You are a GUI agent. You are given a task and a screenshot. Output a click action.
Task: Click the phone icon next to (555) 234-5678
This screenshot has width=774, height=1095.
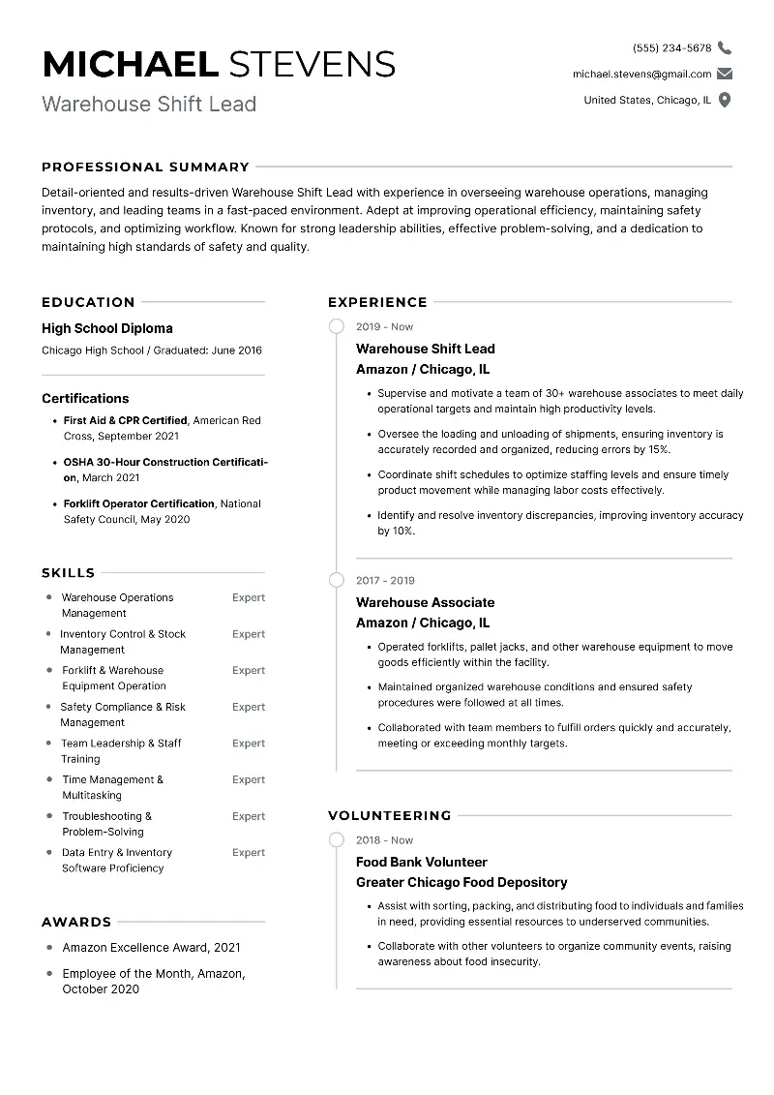pyautogui.click(x=725, y=47)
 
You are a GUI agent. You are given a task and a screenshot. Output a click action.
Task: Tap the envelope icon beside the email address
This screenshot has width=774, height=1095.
pyautogui.click(x=725, y=74)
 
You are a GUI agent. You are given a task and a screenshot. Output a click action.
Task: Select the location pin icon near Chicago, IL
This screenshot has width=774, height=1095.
pyautogui.click(x=725, y=100)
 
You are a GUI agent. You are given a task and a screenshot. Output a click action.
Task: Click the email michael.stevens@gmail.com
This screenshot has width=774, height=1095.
pyautogui.click(x=641, y=74)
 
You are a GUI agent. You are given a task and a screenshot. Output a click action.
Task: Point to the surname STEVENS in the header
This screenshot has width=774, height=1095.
pyautogui.click(x=310, y=64)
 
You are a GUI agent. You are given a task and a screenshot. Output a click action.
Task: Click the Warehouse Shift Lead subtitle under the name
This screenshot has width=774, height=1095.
pyautogui.click(x=149, y=104)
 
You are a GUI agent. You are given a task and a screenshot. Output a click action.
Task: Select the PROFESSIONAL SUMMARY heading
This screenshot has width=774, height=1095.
pyautogui.click(x=145, y=167)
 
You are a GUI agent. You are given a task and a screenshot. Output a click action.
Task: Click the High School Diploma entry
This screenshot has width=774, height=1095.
pyautogui.click(x=107, y=328)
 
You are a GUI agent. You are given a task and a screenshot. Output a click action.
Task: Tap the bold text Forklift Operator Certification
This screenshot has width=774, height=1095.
pyautogui.click(x=138, y=503)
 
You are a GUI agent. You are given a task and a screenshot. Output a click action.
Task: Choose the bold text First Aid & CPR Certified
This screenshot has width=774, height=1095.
pyautogui.click(x=125, y=420)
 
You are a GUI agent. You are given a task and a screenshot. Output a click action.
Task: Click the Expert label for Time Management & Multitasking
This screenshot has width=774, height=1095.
pyautogui.click(x=248, y=779)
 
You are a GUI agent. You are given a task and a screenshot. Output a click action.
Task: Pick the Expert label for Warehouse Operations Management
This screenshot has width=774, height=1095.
pyautogui.click(x=248, y=597)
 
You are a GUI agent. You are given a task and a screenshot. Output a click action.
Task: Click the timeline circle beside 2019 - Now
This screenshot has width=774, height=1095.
pyautogui.click(x=337, y=327)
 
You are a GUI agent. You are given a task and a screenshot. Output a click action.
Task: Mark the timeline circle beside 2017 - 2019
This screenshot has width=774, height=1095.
pyautogui.click(x=337, y=581)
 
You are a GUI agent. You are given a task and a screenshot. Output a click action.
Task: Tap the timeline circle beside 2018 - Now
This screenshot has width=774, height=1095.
pyautogui.click(x=337, y=840)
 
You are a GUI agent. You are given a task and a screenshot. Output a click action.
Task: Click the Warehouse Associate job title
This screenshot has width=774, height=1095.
pyautogui.click(x=425, y=602)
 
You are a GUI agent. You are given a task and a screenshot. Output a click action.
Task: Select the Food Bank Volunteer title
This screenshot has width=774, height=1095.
pyautogui.click(x=421, y=862)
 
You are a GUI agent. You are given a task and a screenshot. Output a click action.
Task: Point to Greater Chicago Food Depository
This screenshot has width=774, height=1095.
pyautogui.click(x=461, y=882)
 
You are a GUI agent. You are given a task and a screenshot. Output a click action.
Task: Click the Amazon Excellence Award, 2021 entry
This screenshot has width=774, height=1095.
pyautogui.click(x=151, y=947)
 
